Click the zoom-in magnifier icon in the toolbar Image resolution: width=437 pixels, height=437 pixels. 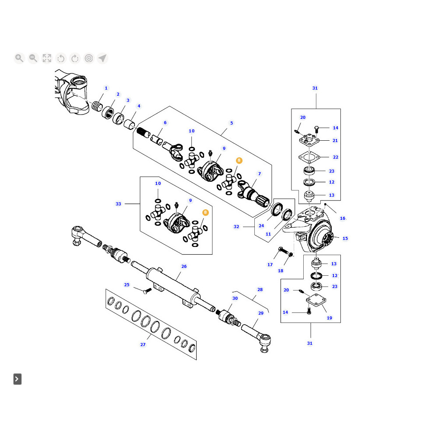19,58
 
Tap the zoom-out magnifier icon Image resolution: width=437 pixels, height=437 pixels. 33,58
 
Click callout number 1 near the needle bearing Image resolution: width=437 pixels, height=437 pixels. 106,88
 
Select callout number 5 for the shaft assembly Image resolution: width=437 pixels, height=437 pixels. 232,123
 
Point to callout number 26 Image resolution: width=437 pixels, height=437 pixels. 184,266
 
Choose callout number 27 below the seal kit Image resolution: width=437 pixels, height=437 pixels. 143,345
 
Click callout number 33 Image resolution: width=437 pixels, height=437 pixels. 118,204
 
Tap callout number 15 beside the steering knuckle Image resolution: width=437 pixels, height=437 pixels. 345,238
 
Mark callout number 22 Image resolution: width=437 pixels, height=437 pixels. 336,157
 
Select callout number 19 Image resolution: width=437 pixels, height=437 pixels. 329,318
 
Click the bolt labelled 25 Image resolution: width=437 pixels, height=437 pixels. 146,290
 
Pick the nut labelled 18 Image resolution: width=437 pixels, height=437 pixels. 290,255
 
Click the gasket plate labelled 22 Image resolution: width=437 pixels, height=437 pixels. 309,157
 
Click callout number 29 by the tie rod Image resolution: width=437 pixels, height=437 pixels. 261,313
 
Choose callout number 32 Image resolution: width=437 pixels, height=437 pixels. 236,227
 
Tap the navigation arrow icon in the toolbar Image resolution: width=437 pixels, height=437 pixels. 102,58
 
